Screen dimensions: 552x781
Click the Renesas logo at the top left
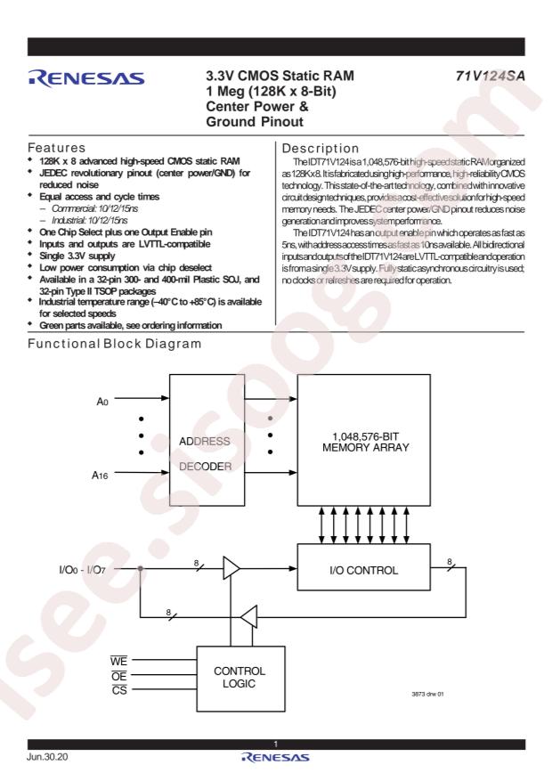tap(86, 78)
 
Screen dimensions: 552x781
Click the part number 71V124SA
tap(490, 76)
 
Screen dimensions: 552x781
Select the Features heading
tap(56, 148)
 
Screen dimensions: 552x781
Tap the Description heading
tap(320, 149)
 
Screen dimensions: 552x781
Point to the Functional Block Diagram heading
tap(115, 344)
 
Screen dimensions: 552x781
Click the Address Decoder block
tap(207, 440)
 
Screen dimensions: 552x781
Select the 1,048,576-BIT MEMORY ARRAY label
tap(365, 442)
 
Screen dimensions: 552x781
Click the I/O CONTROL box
tap(364, 567)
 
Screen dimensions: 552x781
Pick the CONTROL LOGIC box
tap(241, 679)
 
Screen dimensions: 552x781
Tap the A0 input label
tap(102, 402)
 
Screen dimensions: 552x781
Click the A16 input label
tap(100, 476)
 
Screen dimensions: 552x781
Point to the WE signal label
tap(119, 661)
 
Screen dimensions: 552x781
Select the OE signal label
tap(119, 675)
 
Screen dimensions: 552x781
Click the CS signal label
tap(119, 690)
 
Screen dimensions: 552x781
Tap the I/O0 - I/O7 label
tap(82, 570)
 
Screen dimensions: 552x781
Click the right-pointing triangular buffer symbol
tap(231, 568)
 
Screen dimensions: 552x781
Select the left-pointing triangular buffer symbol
tap(249, 616)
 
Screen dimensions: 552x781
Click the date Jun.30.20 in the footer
tap(47, 757)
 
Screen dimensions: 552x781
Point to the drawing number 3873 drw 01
tap(427, 694)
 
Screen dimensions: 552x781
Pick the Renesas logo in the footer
tap(275, 758)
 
